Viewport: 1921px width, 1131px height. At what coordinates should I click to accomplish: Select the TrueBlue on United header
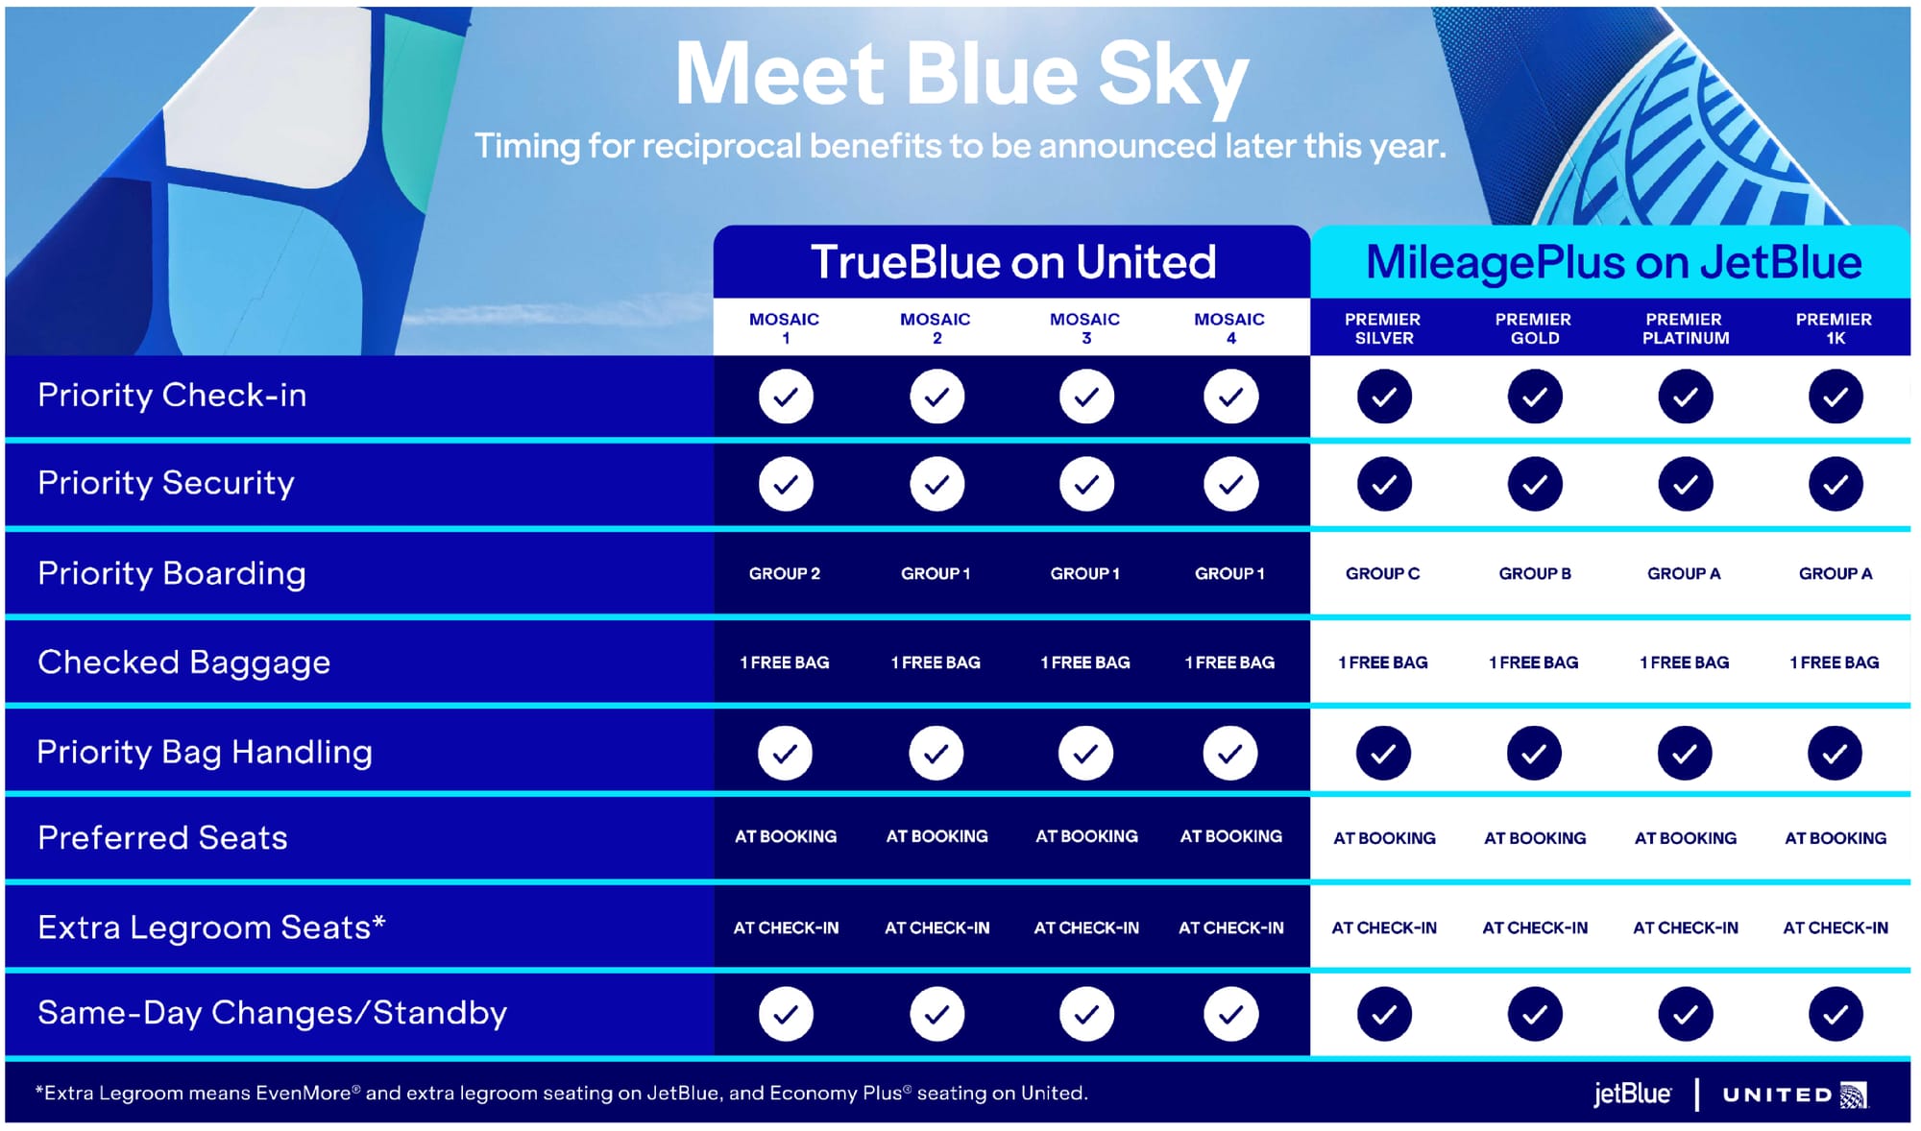[x=1013, y=262]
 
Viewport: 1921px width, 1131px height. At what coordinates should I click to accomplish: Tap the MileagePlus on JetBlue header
[x=1614, y=262]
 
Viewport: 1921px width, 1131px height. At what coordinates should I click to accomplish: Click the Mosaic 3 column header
[x=1085, y=328]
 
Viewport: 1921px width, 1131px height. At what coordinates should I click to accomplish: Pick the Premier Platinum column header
[x=1685, y=328]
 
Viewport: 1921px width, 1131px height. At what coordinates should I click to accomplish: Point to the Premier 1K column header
[x=1835, y=328]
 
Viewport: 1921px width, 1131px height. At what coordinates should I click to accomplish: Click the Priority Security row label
[x=166, y=483]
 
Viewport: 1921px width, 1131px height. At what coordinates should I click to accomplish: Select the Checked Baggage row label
[x=183, y=662]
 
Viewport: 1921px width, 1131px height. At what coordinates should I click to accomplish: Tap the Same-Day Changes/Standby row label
[x=272, y=1013]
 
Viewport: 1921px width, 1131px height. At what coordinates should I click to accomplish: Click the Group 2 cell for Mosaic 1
[x=785, y=573]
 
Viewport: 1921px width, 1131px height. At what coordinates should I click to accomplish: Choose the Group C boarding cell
[x=1383, y=573]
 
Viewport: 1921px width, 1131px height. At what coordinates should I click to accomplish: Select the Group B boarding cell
[x=1535, y=573]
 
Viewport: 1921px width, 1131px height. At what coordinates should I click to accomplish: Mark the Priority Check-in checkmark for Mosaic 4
[x=1230, y=397]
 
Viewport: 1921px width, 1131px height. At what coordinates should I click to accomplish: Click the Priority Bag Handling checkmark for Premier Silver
[x=1383, y=754]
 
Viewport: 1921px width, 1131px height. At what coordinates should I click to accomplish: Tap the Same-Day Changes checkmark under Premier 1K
[x=1836, y=1014]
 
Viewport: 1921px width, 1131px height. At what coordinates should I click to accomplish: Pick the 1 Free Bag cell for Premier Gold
[x=1534, y=662]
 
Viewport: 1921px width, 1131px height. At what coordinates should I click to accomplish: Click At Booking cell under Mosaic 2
[x=936, y=836]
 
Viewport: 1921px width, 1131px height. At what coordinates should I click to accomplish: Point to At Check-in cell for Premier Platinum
[x=1686, y=927]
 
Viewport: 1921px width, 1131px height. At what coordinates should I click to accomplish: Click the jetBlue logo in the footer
[x=1632, y=1094]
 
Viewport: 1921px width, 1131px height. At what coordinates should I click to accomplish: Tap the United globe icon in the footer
[x=1854, y=1095]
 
